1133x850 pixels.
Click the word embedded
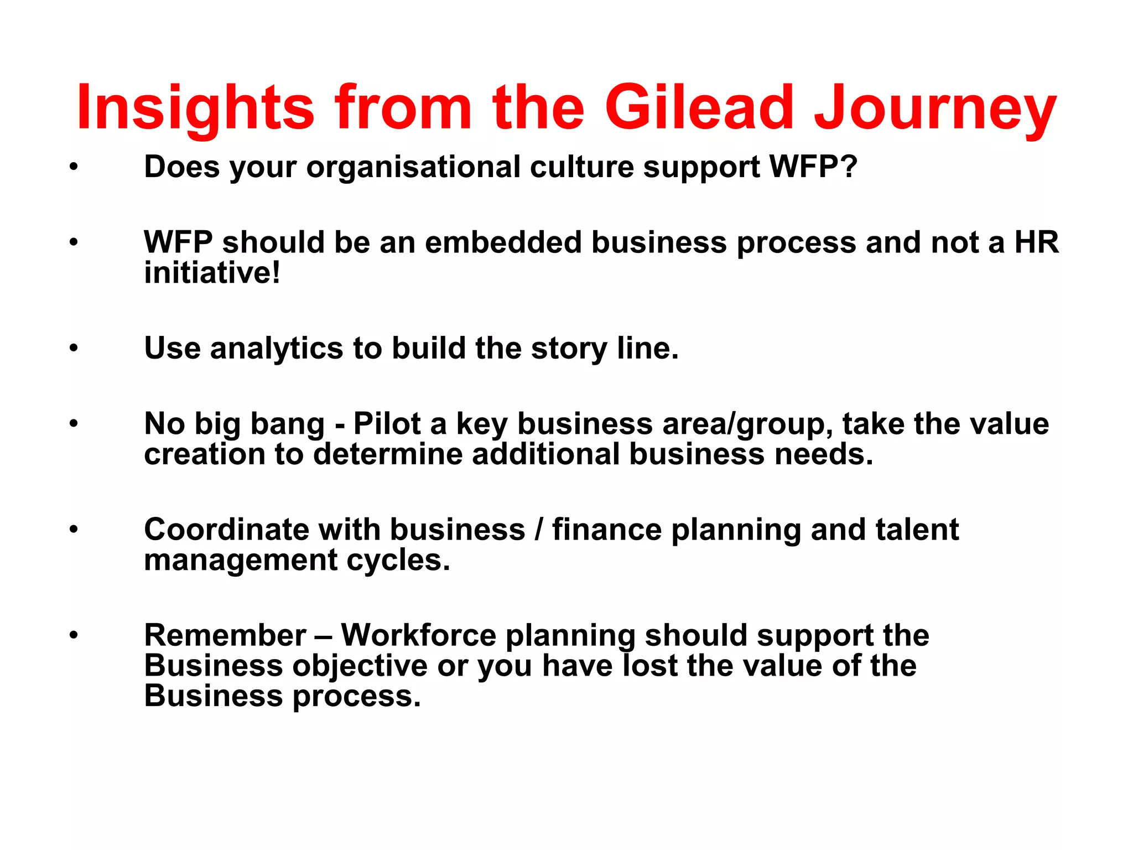(503, 242)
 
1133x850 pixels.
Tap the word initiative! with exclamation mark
(212, 272)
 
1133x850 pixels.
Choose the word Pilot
(387, 424)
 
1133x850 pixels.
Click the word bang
(287, 424)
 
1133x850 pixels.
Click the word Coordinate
(226, 530)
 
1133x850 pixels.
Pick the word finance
(606, 530)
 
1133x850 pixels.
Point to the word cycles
(398, 559)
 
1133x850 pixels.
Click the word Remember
(225, 635)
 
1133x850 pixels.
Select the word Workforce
(418, 635)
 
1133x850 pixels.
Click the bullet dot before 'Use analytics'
(74, 348)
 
